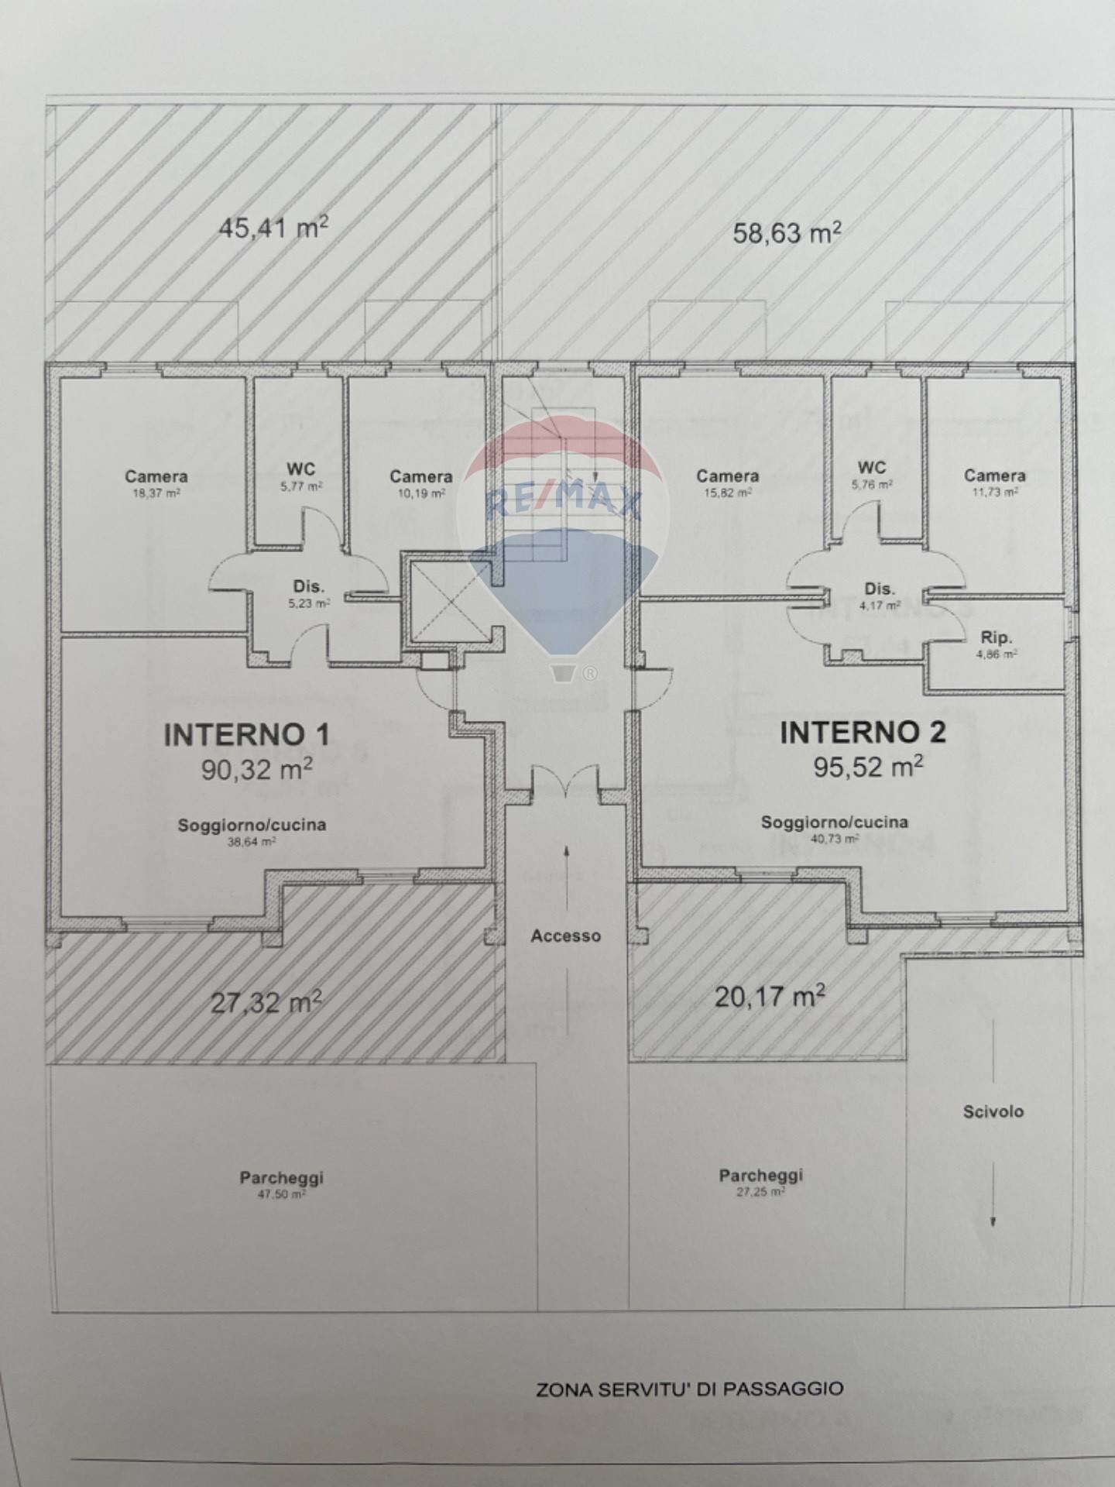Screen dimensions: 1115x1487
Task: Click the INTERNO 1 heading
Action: (x=247, y=735)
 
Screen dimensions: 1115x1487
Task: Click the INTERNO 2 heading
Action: (x=863, y=732)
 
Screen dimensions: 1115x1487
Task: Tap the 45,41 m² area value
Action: (x=273, y=228)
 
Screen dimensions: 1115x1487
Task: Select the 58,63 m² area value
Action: (x=787, y=232)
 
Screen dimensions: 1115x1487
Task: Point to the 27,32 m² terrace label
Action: (x=266, y=1004)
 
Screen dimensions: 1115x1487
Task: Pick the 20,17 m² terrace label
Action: (x=770, y=996)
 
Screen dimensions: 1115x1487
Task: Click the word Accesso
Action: (x=566, y=936)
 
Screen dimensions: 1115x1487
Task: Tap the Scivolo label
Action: (x=993, y=1111)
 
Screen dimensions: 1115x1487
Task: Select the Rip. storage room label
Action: (x=996, y=638)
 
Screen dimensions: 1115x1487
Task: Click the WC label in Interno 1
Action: (x=300, y=469)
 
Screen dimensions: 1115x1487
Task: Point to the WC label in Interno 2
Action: (x=872, y=467)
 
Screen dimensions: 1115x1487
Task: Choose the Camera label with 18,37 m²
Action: (x=156, y=476)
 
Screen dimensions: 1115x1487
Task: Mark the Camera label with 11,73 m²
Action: (x=995, y=475)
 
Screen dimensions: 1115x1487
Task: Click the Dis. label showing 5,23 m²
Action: (x=308, y=586)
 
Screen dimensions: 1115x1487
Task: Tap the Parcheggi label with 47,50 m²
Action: (x=281, y=1178)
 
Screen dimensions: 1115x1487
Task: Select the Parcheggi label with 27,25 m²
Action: (x=761, y=1176)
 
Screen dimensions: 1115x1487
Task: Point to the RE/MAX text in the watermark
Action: (x=563, y=503)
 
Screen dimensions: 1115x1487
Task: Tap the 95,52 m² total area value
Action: (x=868, y=768)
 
